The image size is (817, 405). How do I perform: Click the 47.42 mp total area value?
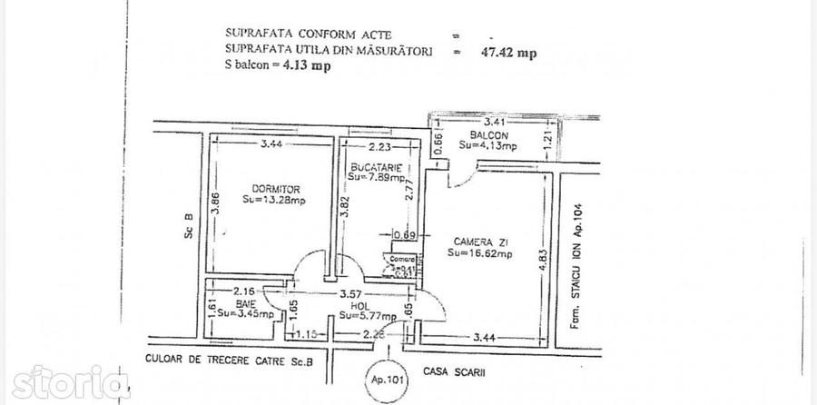tap(507, 53)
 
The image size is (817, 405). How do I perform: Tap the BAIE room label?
tap(221, 303)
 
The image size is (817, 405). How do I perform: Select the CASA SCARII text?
tap(451, 370)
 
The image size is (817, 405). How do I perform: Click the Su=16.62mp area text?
tap(479, 254)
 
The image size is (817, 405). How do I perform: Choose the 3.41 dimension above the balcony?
tap(494, 120)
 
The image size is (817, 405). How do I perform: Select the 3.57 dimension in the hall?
tap(350, 294)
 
